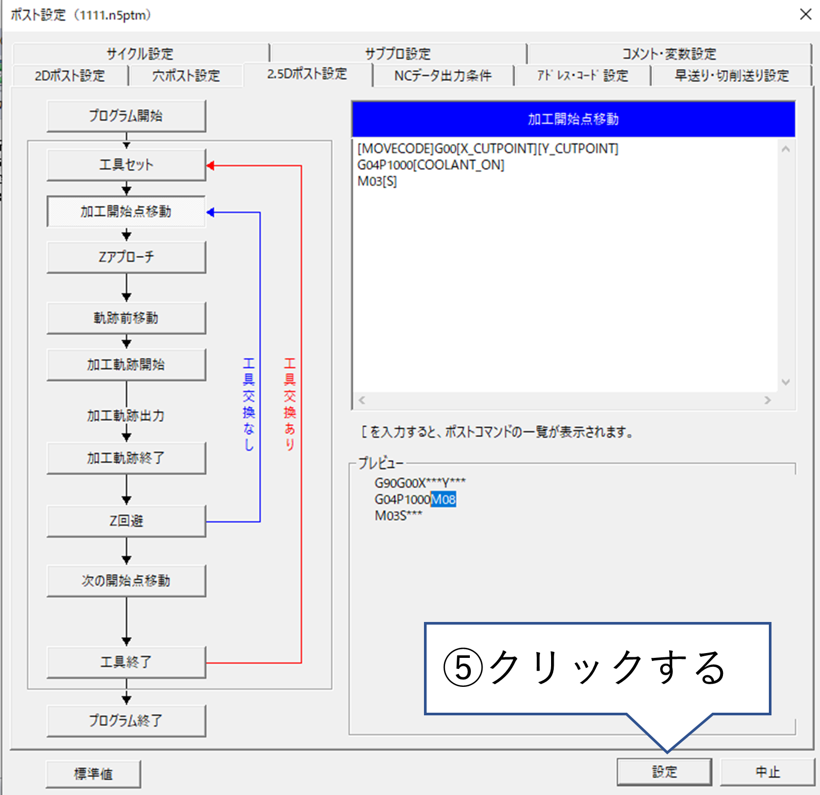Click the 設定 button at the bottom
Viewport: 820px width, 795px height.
[x=664, y=772]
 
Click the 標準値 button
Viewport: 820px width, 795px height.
[x=93, y=773]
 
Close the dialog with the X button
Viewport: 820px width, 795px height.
[x=805, y=14]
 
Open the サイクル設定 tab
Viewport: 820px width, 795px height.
[x=140, y=53]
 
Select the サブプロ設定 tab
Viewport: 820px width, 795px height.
[x=398, y=53]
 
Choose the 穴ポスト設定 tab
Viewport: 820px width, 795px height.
[x=186, y=75]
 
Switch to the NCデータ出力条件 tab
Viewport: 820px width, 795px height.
[x=443, y=75]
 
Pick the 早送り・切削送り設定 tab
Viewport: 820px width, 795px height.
[x=731, y=75]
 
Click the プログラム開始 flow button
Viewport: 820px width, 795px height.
[x=126, y=116]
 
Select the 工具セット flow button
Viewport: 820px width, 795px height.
[x=126, y=165]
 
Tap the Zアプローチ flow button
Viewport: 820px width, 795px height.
[x=126, y=257]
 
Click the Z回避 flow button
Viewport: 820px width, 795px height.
[x=126, y=521]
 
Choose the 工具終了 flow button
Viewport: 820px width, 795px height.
[x=126, y=662]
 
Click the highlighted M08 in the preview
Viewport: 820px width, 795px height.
[x=443, y=499]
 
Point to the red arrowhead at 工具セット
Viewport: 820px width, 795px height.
[x=210, y=166]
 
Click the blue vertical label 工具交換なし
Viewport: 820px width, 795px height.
[x=248, y=404]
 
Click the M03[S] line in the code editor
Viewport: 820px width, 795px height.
[x=377, y=181]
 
